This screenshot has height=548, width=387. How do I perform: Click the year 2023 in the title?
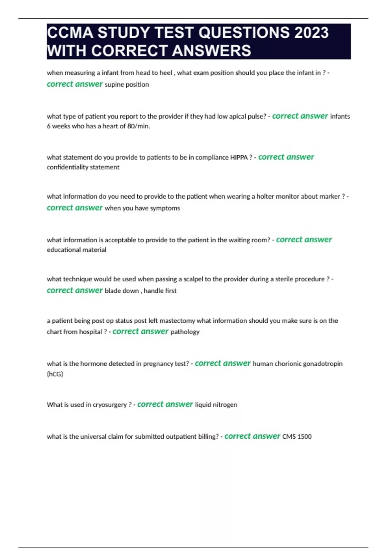(311, 33)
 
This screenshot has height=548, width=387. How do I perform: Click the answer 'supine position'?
(127, 85)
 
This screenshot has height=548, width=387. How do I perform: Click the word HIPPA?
(239, 158)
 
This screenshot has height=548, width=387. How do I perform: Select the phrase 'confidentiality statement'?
(83, 167)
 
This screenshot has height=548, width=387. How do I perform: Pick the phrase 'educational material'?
(76, 250)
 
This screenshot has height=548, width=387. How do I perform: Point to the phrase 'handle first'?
(160, 291)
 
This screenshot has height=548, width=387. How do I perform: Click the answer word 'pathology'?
(185, 332)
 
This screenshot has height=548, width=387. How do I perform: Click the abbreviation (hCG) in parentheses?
(55, 374)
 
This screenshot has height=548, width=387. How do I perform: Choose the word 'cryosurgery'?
(110, 405)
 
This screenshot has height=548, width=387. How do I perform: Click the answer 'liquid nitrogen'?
(216, 405)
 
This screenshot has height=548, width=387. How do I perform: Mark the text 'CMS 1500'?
(297, 437)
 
